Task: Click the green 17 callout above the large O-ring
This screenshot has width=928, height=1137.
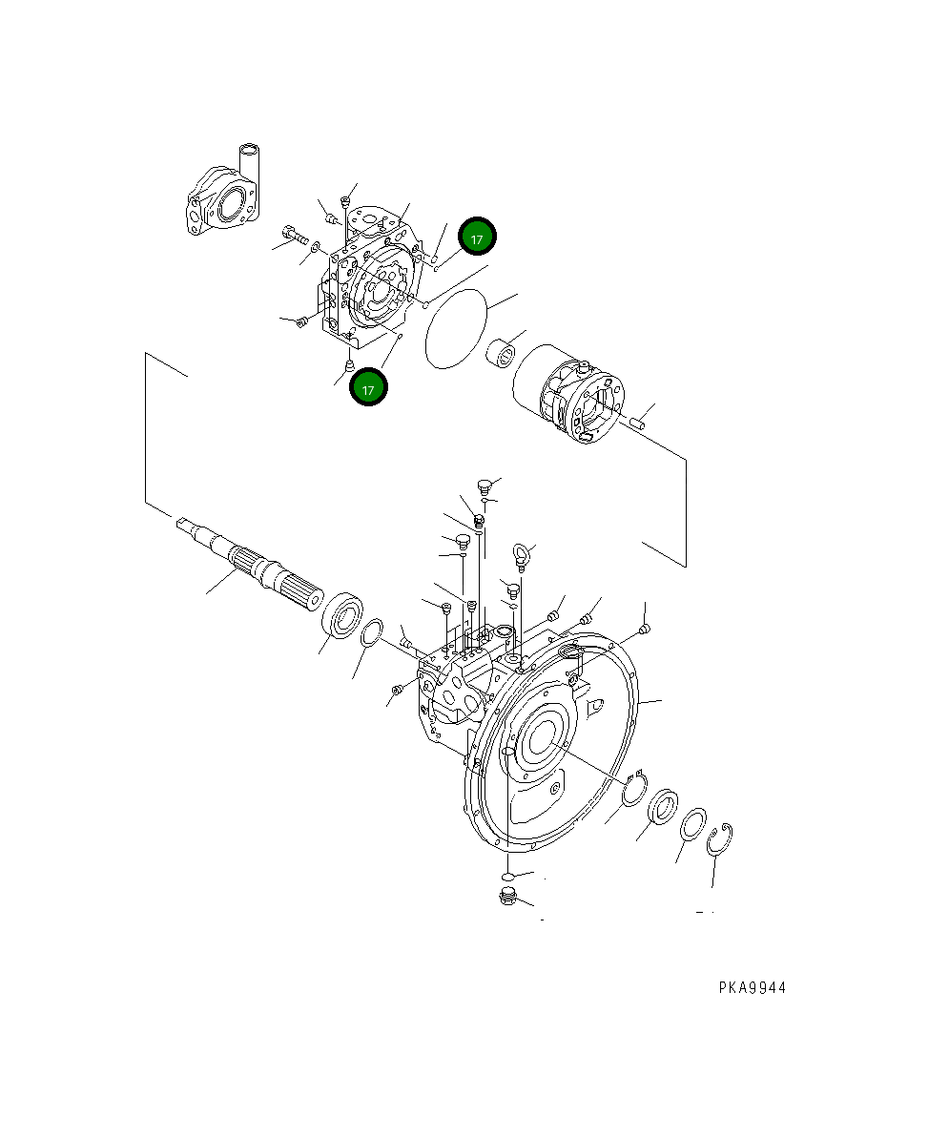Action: pyautogui.click(x=477, y=238)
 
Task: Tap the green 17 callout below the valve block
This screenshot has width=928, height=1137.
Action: pyautogui.click(x=368, y=388)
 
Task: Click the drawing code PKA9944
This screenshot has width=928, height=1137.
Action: pyautogui.click(x=752, y=988)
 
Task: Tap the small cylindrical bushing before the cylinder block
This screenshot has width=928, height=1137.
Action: pyautogui.click(x=503, y=355)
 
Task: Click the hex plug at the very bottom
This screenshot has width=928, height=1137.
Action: pyautogui.click(x=507, y=897)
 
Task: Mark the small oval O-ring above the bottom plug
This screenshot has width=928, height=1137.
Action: pyautogui.click(x=508, y=875)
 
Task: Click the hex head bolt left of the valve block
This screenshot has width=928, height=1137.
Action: pyautogui.click(x=292, y=232)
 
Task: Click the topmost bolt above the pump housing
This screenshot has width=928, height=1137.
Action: pyautogui.click(x=484, y=486)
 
